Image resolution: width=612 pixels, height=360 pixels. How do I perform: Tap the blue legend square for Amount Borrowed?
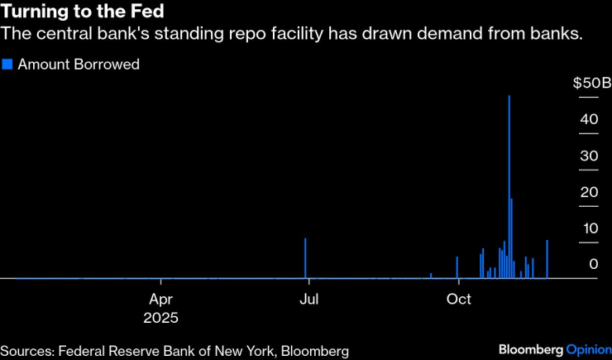pyautogui.click(x=7, y=64)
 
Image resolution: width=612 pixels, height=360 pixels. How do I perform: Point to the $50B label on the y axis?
pyautogui.click(x=591, y=84)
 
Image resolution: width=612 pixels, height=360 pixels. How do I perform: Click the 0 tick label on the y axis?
pyautogui.click(x=594, y=265)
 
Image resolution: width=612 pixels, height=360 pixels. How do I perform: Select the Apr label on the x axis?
pyautogui.click(x=160, y=299)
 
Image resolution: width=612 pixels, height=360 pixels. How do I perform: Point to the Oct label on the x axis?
pyautogui.click(x=458, y=299)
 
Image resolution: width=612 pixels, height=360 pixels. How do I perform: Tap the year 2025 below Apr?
pyautogui.click(x=160, y=317)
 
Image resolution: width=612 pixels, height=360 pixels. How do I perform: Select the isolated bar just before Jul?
pyautogui.click(x=305, y=258)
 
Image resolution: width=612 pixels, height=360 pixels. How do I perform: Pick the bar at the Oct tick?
pyautogui.click(x=457, y=267)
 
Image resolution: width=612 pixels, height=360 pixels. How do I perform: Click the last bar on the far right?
pyautogui.click(x=547, y=259)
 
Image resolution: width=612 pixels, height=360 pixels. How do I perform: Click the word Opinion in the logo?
pyautogui.click(x=588, y=350)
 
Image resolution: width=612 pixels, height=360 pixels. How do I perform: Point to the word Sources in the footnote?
pyautogui.click(x=26, y=351)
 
